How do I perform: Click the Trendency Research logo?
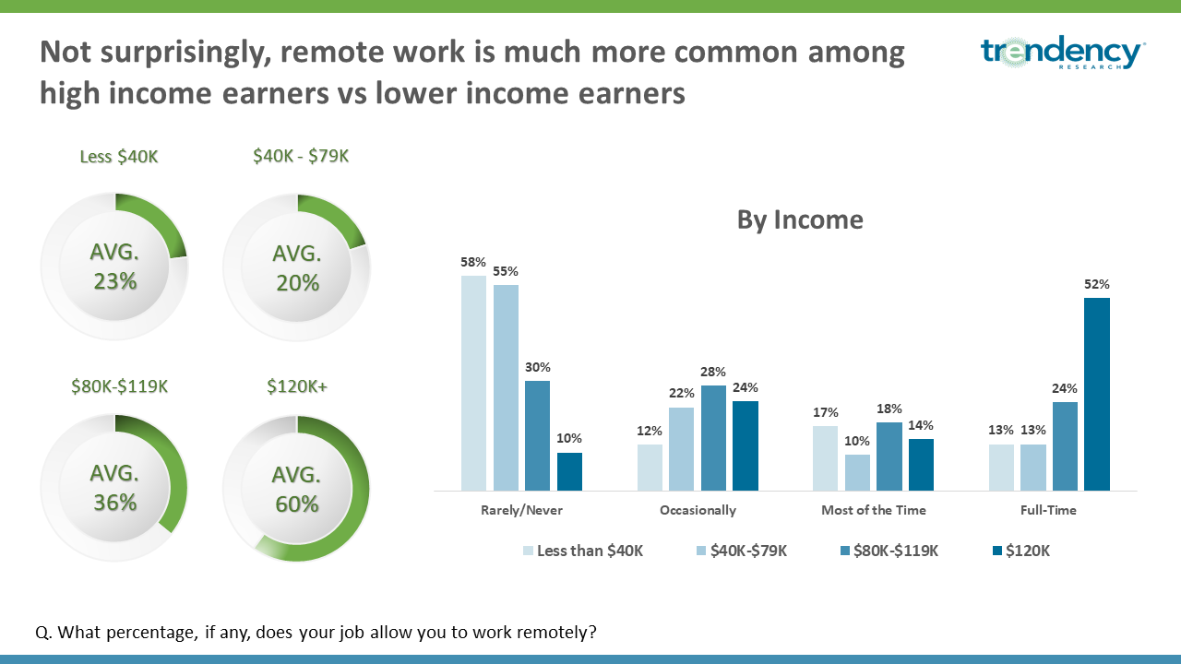pyautogui.click(x=1061, y=53)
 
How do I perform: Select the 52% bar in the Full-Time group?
pyautogui.click(x=1097, y=394)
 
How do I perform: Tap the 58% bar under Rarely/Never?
pyautogui.click(x=473, y=383)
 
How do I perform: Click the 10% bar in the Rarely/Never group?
pyautogui.click(x=569, y=471)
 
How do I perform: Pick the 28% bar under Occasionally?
pyautogui.click(x=713, y=438)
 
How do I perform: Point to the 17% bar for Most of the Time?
pyautogui.click(x=825, y=458)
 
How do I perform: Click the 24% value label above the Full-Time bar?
pyautogui.click(x=1065, y=388)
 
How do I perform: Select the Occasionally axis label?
pyautogui.click(x=698, y=510)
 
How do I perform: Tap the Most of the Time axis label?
pyautogui.click(x=874, y=510)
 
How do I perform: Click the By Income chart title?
pyautogui.click(x=800, y=219)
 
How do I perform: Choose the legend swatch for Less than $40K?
pyautogui.click(x=528, y=551)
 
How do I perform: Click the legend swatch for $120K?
pyautogui.click(x=997, y=551)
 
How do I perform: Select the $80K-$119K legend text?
pyautogui.click(x=896, y=551)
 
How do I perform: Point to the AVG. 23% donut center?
pyautogui.click(x=114, y=267)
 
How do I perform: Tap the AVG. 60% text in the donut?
pyautogui.click(x=296, y=490)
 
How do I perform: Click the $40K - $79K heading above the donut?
pyautogui.click(x=301, y=156)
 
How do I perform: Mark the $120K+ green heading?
pyautogui.click(x=297, y=386)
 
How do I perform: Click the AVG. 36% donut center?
pyautogui.click(x=114, y=488)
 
